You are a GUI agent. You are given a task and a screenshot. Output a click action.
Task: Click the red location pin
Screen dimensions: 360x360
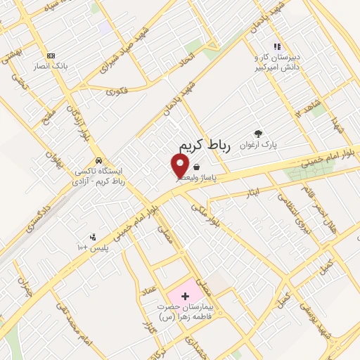[x=180, y=166]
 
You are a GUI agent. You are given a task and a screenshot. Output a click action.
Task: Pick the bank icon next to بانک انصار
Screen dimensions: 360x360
[x=50, y=56]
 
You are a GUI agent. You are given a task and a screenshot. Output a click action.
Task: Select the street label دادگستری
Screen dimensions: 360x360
[x=29, y=218]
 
